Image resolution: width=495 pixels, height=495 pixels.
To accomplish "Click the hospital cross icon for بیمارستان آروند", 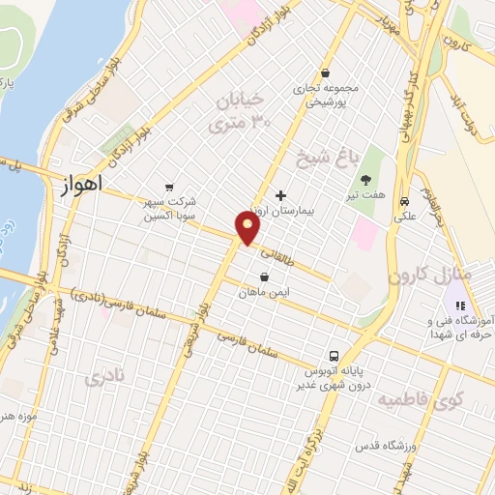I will click(x=281, y=195).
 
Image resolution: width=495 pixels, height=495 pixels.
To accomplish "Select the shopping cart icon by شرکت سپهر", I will click(x=170, y=188).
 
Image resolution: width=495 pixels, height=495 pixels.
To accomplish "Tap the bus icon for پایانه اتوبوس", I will click(x=333, y=354).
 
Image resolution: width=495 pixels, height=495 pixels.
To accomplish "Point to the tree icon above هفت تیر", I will click(x=365, y=180).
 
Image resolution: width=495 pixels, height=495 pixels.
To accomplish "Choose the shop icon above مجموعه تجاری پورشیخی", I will click(x=326, y=73).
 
